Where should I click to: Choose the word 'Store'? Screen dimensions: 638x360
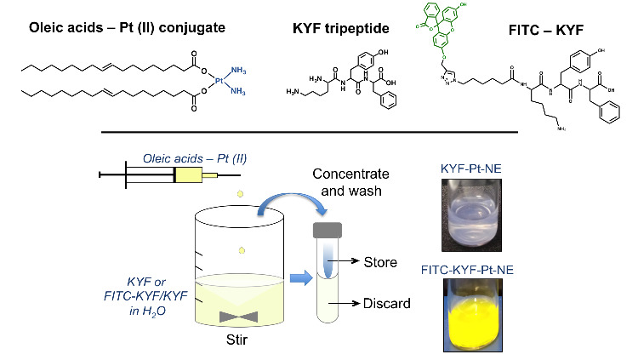pos(380,261)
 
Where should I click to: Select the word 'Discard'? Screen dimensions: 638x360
pos(385,302)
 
